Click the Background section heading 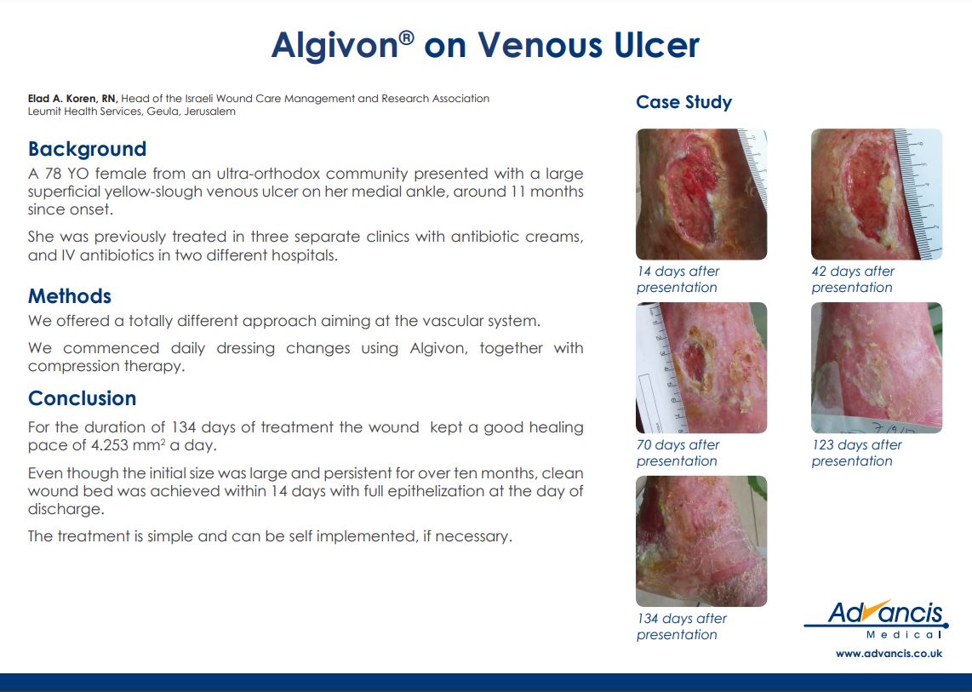(x=88, y=150)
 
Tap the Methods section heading (x=70, y=296)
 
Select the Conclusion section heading (x=82, y=398)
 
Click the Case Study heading (x=683, y=102)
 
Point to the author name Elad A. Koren (x=62, y=99)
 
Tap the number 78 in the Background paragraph (x=54, y=174)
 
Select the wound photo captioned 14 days (x=701, y=194)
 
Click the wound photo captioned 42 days (x=877, y=194)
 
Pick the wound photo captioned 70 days (x=701, y=368)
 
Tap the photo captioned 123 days (x=877, y=368)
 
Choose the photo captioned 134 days (x=701, y=541)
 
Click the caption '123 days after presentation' (x=857, y=453)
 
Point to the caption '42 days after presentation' (x=853, y=279)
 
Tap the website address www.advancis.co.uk (x=889, y=654)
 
